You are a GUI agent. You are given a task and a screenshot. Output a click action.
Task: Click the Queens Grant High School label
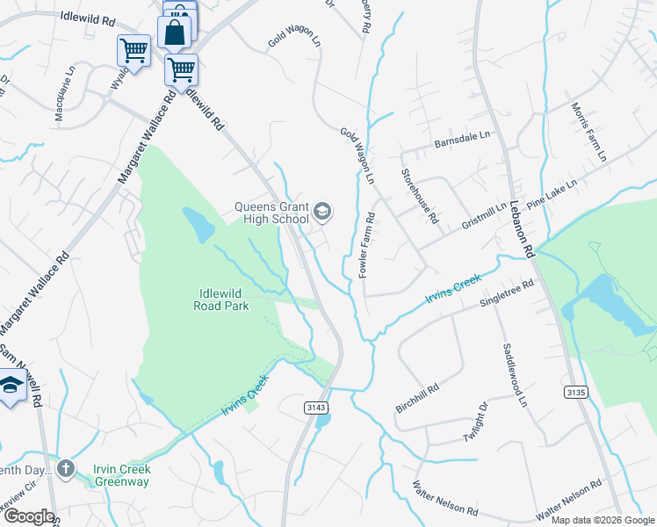point(271,213)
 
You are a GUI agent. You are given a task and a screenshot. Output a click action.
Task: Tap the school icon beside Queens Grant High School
point(322,210)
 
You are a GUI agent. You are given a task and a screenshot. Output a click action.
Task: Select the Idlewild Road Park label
point(221,300)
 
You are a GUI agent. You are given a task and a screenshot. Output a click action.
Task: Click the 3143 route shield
point(317,408)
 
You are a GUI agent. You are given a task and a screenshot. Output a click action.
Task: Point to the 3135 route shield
point(577,391)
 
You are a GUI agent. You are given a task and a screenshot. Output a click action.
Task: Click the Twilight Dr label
point(475,422)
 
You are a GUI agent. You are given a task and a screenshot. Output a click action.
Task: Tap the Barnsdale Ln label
point(460,141)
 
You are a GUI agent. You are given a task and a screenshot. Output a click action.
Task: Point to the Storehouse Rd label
point(420,197)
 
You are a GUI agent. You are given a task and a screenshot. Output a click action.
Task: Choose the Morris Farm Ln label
point(588,132)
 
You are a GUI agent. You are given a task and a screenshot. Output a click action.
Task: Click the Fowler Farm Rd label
point(369,245)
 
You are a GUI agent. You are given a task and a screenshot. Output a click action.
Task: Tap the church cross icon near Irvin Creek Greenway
point(66,468)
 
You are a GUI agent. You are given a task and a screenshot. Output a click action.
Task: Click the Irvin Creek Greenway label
point(122,474)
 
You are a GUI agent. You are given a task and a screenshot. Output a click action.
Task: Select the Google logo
point(28,516)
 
